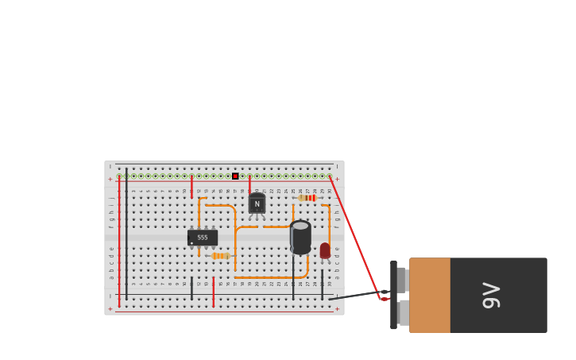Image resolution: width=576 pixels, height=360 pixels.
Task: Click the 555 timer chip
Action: point(203,237)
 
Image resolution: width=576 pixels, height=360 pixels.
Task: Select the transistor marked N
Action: point(257,204)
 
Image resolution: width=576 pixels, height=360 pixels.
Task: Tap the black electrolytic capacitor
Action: point(300,238)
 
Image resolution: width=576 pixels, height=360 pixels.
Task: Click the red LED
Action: point(325,250)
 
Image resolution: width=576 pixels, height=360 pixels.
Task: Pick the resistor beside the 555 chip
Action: point(220,256)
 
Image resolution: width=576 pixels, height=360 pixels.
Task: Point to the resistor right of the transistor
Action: point(308,198)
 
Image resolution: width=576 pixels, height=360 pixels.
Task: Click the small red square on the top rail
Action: point(235,176)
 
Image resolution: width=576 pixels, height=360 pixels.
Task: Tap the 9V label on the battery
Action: point(491,295)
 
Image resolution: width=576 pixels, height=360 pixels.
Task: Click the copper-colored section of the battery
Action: point(430,295)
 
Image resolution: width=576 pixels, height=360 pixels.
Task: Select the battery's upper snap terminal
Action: point(402,280)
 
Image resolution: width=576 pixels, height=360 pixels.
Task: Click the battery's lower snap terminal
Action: point(404,312)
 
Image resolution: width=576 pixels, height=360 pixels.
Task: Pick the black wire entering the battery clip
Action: point(358,295)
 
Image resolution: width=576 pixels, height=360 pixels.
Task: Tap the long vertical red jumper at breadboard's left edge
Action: point(119,238)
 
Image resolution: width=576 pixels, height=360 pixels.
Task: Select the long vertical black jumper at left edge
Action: point(126,238)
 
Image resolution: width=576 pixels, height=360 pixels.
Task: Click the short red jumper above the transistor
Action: point(249,185)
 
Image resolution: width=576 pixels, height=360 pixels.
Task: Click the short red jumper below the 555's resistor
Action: point(213,291)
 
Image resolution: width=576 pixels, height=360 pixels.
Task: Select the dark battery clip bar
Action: point(393,295)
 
